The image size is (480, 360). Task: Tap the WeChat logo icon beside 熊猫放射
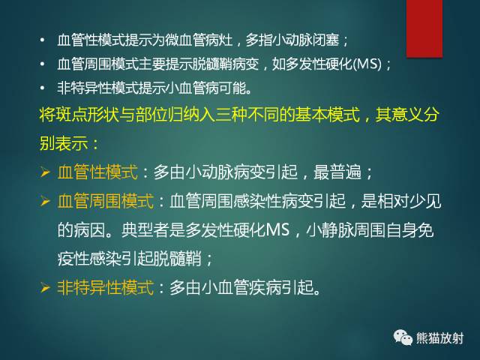(x=402, y=338)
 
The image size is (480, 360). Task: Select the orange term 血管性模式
(x=97, y=172)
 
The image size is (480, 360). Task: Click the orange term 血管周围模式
(x=106, y=201)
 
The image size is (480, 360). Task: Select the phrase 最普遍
(x=344, y=172)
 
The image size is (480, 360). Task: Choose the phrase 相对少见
(x=419, y=201)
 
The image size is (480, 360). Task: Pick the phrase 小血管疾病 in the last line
(x=241, y=286)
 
